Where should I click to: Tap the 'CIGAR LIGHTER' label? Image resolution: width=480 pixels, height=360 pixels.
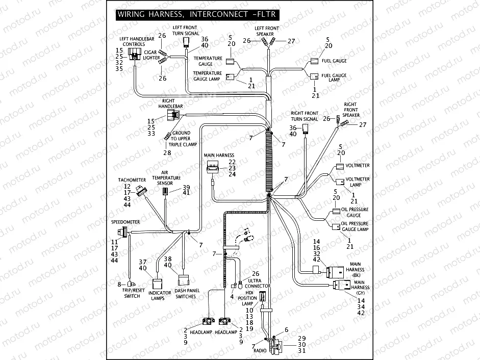coord(150,55)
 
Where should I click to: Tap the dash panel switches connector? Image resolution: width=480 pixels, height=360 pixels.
coord(183,280)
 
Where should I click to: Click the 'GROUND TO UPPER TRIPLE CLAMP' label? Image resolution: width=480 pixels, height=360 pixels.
coord(184,139)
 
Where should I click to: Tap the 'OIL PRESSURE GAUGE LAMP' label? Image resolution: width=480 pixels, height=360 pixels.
coord(355,226)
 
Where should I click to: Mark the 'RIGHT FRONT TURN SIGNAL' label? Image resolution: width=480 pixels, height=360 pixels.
coord(305,116)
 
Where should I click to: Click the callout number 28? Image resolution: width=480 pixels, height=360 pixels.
coord(167,152)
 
